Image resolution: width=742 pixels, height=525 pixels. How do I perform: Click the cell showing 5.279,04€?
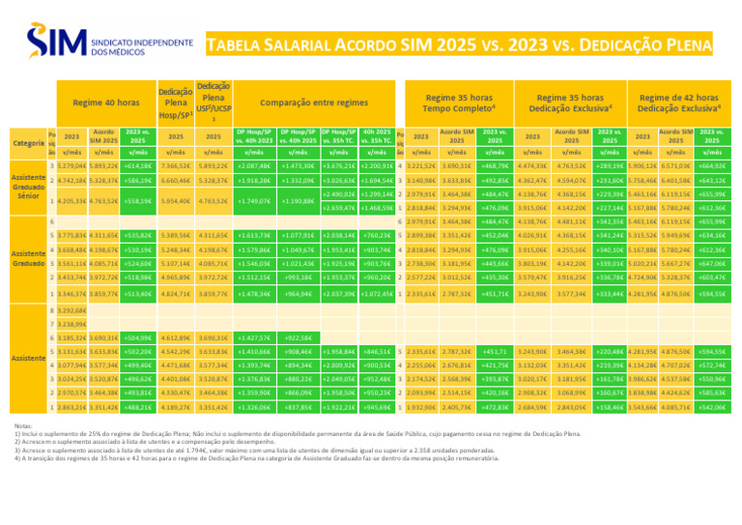(68, 166)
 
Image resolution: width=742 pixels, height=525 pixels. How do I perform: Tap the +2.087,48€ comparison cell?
(253, 166)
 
